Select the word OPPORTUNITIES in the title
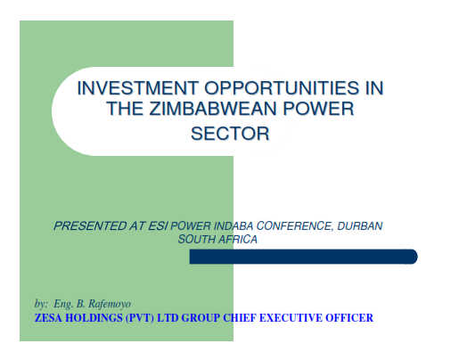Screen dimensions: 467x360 (282, 88)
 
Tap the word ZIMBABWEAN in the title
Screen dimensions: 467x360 (213, 109)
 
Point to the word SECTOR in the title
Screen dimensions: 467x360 (230, 134)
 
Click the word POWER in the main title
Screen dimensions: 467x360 (318, 109)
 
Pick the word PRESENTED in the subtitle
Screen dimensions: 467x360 (90, 226)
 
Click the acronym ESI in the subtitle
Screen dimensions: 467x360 (158, 226)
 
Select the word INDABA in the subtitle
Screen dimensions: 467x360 (233, 226)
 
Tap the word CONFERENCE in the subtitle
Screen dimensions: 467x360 (294, 226)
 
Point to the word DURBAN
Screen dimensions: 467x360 (360, 226)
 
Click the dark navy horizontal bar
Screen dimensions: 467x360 (304, 257)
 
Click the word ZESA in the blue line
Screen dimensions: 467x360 (48, 318)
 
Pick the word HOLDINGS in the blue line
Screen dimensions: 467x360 (94, 318)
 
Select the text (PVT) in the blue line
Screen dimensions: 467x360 (140, 318)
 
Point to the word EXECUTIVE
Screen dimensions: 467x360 (291, 318)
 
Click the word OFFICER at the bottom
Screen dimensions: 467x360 (349, 318)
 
